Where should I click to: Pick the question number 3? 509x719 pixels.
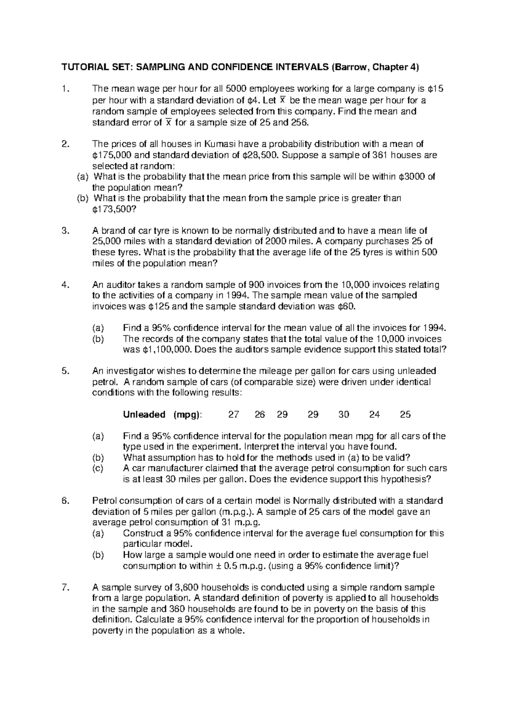[64, 231]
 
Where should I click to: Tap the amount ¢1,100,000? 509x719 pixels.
[165, 350]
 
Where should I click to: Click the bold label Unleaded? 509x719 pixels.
[144, 415]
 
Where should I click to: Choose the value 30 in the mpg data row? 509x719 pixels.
[344, 415]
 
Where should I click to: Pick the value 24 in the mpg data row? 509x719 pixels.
[374, 415]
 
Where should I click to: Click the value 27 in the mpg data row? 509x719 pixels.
[234, 415]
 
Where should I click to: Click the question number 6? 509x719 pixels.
[64, 501]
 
